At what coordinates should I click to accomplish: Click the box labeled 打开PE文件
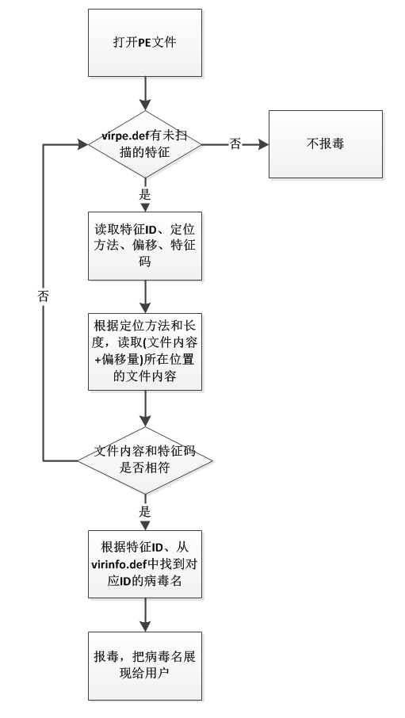coord(145,43)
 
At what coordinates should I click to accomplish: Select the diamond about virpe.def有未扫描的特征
coord(145,144)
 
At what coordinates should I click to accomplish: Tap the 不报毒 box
coord(325,144)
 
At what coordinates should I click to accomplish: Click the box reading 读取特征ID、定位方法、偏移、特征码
coord(145,246)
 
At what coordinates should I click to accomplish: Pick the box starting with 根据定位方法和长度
coord(145,352)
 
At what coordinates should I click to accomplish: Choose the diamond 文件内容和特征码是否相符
coord(145,460)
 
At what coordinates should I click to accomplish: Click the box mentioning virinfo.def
coord(145,564)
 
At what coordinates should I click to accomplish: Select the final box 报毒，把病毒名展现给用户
coord(145,666)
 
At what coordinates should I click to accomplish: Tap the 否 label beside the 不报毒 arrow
coord(235,144)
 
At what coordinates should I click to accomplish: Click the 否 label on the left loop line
coord(43,296)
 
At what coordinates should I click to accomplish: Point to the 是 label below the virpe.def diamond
coord(145,195)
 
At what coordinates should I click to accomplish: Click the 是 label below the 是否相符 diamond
coord(145,512)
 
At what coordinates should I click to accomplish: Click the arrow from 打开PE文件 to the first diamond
coord(145,94)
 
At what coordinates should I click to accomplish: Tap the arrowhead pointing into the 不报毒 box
coord(263,144)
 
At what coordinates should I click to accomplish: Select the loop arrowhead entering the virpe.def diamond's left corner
coord(83,145)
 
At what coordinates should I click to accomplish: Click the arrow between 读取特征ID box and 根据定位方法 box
coord(145,296)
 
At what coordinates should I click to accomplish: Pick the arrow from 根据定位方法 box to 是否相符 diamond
coord(145,409)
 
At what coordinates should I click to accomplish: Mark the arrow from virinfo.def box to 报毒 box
coord(145,615)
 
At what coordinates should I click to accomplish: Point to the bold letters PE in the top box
coord(145,43)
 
